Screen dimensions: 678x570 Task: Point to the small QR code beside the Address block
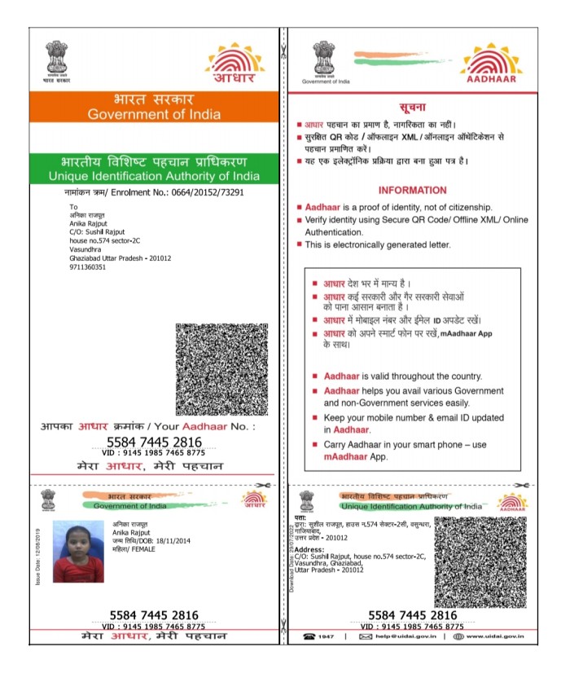pos(480,562)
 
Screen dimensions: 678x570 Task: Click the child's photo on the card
pos(78,552)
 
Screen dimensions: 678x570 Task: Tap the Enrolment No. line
pos(154,192)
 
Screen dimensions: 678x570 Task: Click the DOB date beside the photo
pos(161,541)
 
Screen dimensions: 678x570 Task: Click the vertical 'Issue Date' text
pos(37,556)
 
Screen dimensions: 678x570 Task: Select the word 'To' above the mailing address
pos(73,207)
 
